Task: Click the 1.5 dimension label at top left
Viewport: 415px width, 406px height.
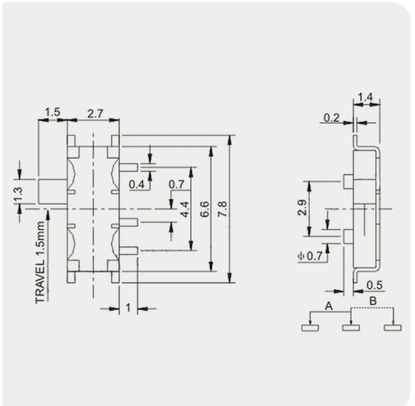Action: click(51, 112)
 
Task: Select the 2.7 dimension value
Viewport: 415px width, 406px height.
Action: click(95, 112)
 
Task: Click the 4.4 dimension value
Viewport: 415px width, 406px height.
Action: click(185, 209)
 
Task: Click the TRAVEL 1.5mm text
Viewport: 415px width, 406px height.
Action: click(40, 260)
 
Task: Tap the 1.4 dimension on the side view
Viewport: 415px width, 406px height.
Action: click(364, 98)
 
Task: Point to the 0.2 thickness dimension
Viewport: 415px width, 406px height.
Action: click(331, 118)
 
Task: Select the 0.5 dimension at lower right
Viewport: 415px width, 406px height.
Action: click(375, 285)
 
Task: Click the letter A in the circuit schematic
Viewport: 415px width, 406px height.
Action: click(329, 304)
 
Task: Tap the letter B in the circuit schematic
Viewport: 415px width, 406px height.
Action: click(373, 301)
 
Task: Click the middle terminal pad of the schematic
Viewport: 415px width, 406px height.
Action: click(350, 328)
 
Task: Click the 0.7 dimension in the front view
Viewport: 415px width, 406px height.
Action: click(176, 185)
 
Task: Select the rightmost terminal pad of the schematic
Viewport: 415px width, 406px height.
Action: click(392, 328)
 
